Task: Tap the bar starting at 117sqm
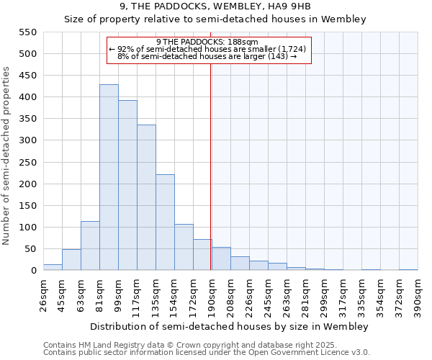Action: click(x=146, y=198)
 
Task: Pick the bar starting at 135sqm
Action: click(x=165, y=222)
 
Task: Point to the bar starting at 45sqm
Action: click(x=71, y=260)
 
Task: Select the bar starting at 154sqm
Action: click(x=184, y=248)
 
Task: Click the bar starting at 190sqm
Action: click(x=221, y=259)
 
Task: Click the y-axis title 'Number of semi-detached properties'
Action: click(x=7, y=156)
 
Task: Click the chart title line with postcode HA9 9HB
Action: click(x=215, y=6)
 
